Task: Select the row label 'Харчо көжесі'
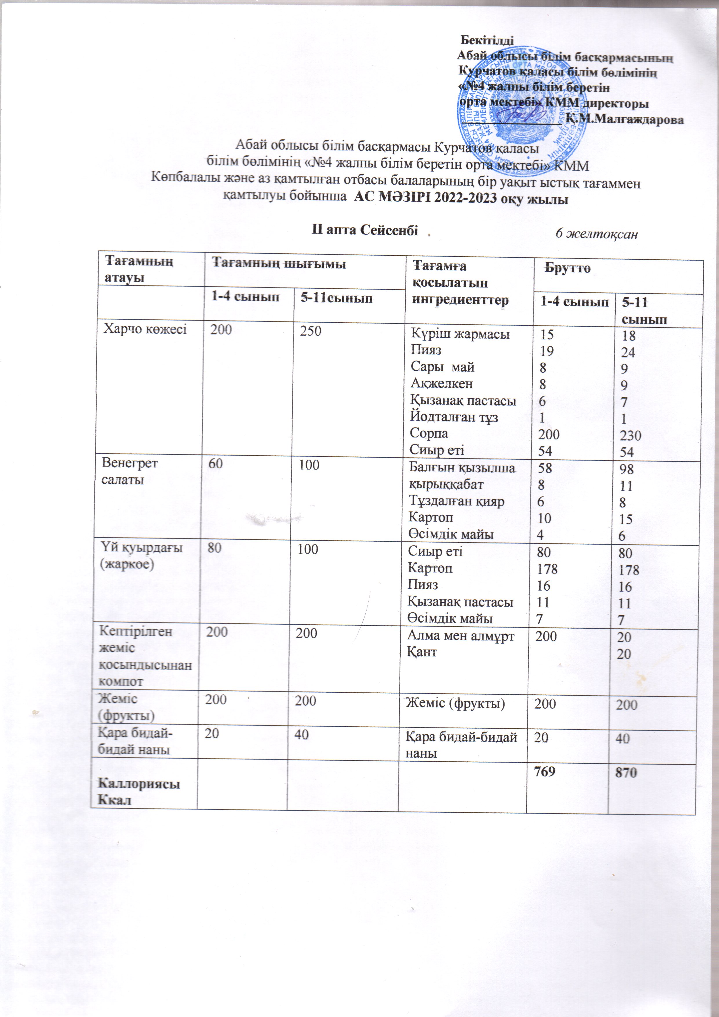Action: (x=145, y=329)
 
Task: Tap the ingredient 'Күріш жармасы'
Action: (x=460, y=334)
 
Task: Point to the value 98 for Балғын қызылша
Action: (x=627, y=469)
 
